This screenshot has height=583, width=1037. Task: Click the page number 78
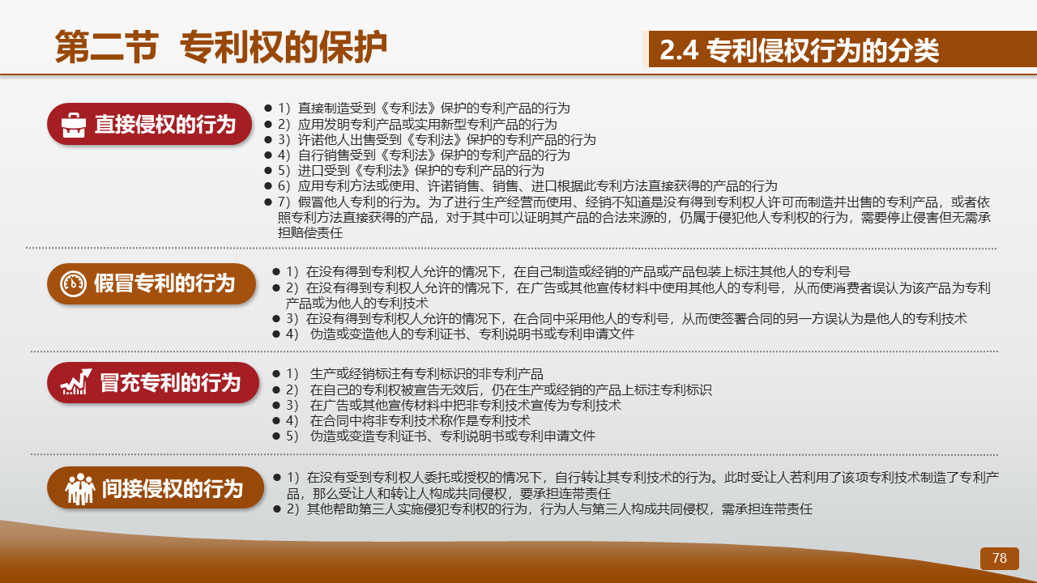(x=1000, y=558)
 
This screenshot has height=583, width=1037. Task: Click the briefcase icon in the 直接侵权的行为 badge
(x=74, y=125)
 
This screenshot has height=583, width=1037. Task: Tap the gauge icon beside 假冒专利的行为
(x=73, y=283)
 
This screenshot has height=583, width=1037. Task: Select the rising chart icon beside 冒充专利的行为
(x=76, y=382)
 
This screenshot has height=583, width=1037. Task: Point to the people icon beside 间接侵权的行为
(x=80, y=488)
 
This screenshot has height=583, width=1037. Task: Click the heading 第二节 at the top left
(x=107, y=47)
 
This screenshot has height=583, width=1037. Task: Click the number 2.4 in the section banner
(x=679, y=50)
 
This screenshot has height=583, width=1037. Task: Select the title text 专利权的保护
(x=284, y=47)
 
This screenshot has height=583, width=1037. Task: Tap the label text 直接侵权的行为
(x=165, y=125)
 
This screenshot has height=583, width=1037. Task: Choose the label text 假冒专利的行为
(x=164, y=283)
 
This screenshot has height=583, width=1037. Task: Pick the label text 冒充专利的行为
(x=170, y=383)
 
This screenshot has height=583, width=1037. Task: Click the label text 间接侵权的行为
(x=173, y=488)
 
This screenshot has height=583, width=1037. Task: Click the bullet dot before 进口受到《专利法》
(x=267, y=170)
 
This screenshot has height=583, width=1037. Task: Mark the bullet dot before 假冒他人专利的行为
(x=267, y=202)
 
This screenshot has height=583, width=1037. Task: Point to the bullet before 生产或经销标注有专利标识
(x=276, y=373)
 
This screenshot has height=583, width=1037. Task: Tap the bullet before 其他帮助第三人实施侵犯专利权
(x=277, y=509)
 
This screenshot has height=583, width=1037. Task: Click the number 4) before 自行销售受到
(x=284, y=155)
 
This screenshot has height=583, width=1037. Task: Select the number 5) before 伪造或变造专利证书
(x=292, y=436)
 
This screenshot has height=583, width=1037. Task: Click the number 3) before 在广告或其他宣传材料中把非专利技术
(x=292, y=406)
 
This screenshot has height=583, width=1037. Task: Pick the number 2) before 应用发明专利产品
(x=284, y=125)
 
